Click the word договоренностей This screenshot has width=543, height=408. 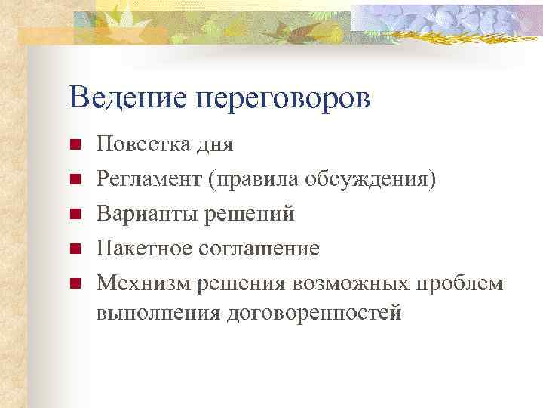[x=313, y=312]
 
